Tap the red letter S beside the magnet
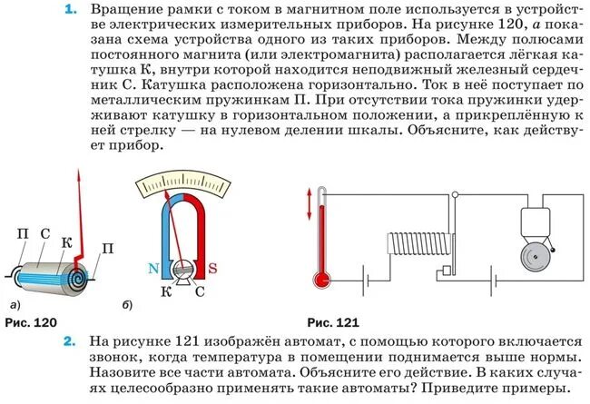click(x=212, y=268)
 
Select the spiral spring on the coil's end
click(x=84, y=271)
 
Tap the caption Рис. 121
click(x=333, y=323)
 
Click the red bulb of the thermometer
click(x=320, y=278)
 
